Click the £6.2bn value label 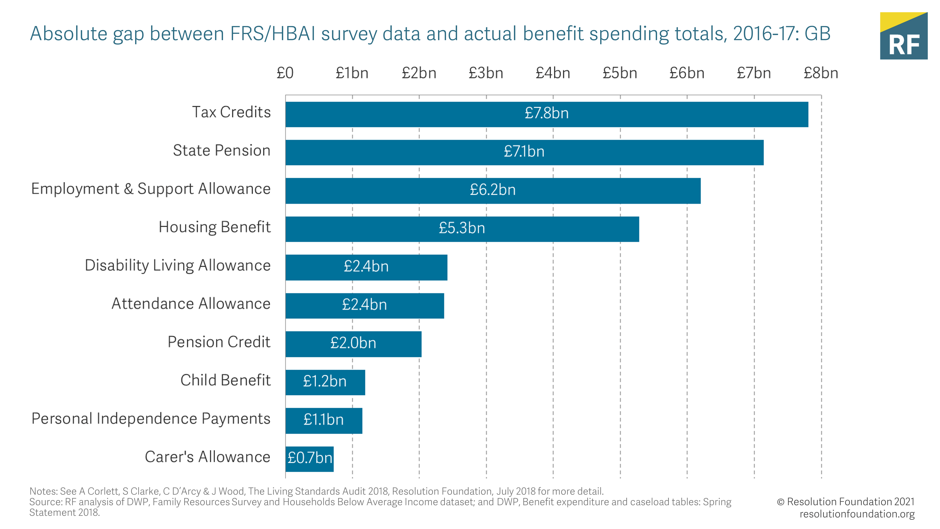(x=493, y=190)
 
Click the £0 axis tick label (x=285, y=73)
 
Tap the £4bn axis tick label (x=553, y=73)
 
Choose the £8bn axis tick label (x=821, y=73)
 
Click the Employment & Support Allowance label (x=151, y=189)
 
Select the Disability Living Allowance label (x=178, y=265)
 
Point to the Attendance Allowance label (x=191, y=304)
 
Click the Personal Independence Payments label (x=151, y=419)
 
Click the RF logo (x=904, y=36)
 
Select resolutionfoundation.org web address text (x=857, y=514)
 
